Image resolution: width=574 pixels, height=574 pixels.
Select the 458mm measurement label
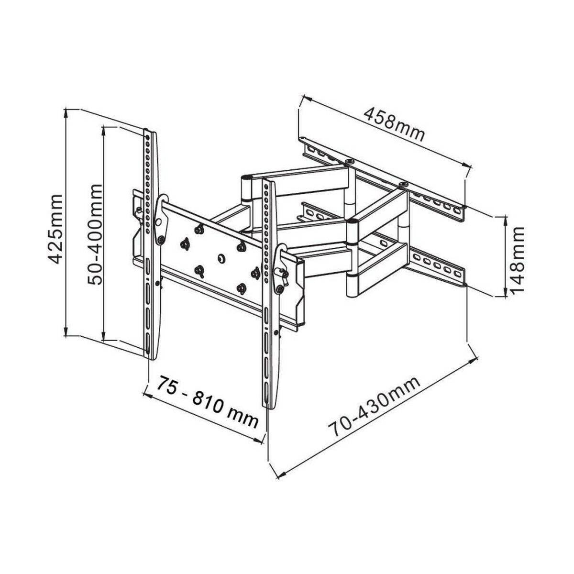tap(394, 125)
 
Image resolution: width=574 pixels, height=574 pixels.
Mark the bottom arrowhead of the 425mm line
tap(68, 333)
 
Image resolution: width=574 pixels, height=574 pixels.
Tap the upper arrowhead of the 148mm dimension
tap(506, 220)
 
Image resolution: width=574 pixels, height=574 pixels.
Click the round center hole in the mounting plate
tap(221, 259)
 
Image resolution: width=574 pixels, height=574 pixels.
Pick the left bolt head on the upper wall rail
tap(350, 162)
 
